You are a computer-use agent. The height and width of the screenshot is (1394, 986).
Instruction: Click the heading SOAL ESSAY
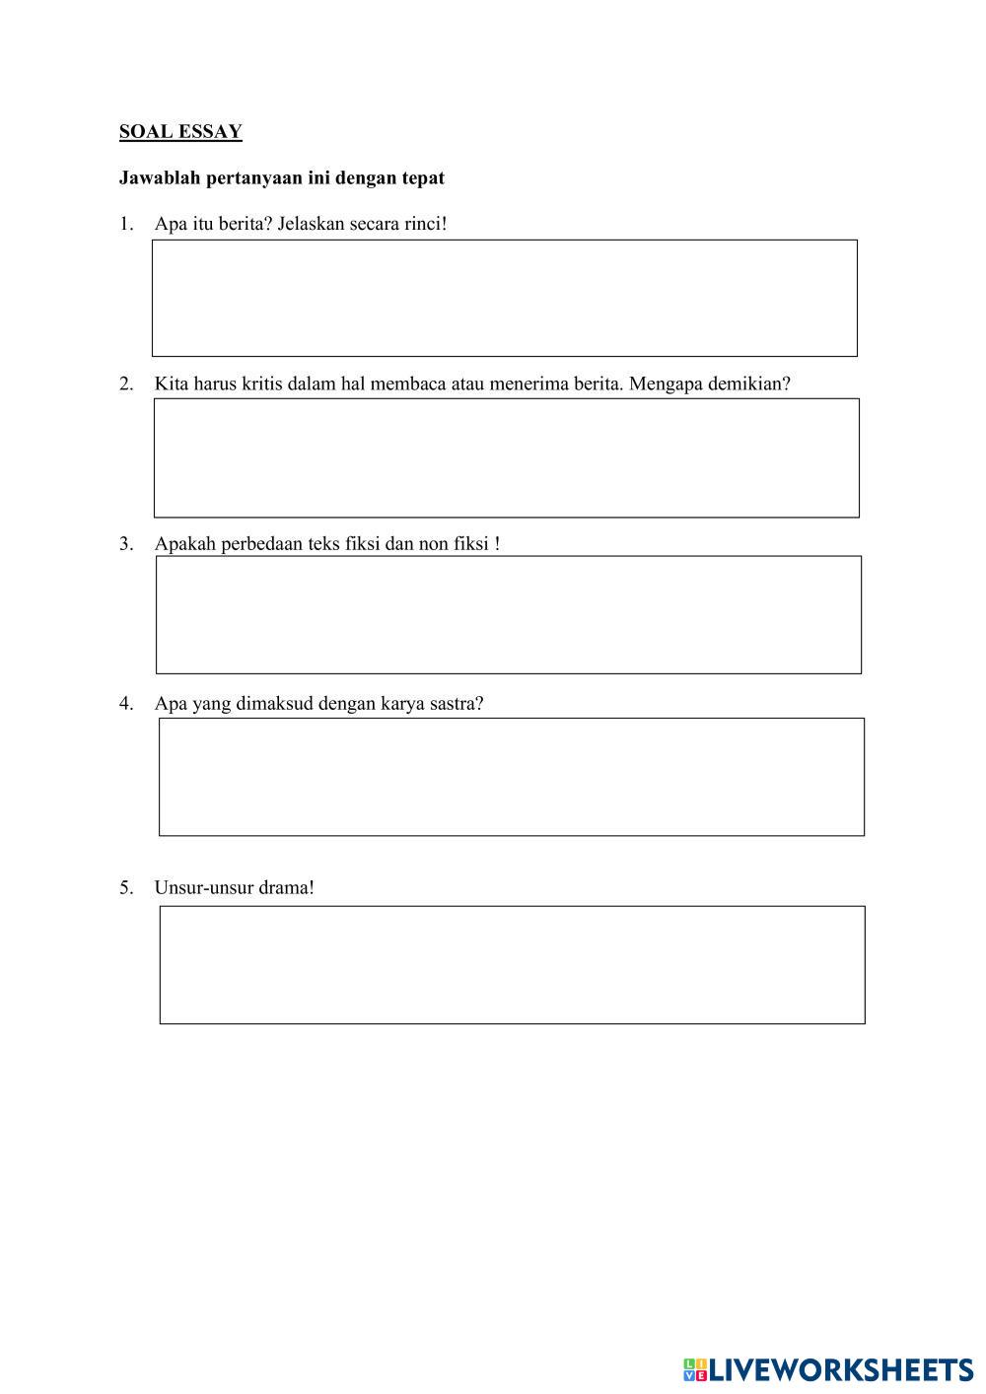click(x=180, y=131)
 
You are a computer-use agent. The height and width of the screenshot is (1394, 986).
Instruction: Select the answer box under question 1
click(x=504, y=298)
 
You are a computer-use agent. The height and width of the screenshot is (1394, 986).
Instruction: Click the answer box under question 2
click(x=506, y=457)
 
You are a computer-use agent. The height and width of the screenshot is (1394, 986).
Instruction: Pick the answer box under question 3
click(x=508, y=615)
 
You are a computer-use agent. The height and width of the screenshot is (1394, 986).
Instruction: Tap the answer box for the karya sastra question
click(x=511, y=777)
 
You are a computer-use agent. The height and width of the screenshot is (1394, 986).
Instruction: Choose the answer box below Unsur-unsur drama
click(x=512, y=965)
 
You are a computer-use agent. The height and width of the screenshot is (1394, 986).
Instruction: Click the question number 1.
click(x=125, y=224)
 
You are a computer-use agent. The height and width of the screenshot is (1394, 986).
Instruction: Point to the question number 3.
click(x=125, y=544)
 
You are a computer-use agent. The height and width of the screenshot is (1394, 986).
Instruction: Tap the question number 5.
click(x=125, y=887)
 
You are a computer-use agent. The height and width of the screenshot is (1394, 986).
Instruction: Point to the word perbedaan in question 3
click(x=261, y=544)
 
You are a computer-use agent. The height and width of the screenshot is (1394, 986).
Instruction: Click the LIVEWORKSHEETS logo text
click(x=841, y=1369)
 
